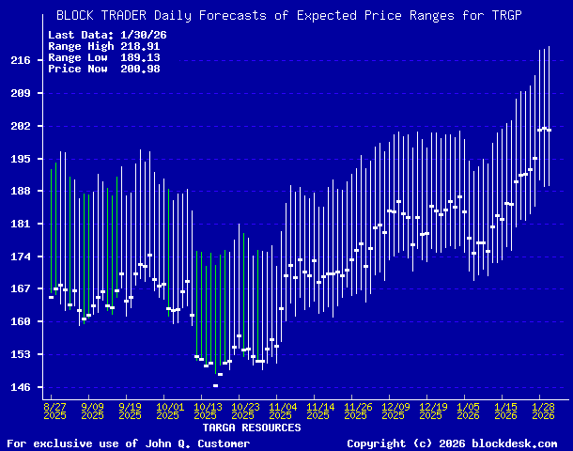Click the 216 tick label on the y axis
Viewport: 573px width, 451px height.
(20, 60)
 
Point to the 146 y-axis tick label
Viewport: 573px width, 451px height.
(20, 387)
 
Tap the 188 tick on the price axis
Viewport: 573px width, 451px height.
(20, 191)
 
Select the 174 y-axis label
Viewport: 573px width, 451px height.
(20, 257)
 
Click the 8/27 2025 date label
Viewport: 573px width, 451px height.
(54, 410)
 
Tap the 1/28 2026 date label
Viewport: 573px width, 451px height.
(542, 410)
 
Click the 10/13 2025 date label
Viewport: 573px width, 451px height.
(207, 410)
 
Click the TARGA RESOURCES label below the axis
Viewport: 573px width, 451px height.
(252, 428)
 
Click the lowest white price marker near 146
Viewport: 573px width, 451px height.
(215, 386)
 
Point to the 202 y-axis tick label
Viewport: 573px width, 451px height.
(20, 126)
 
